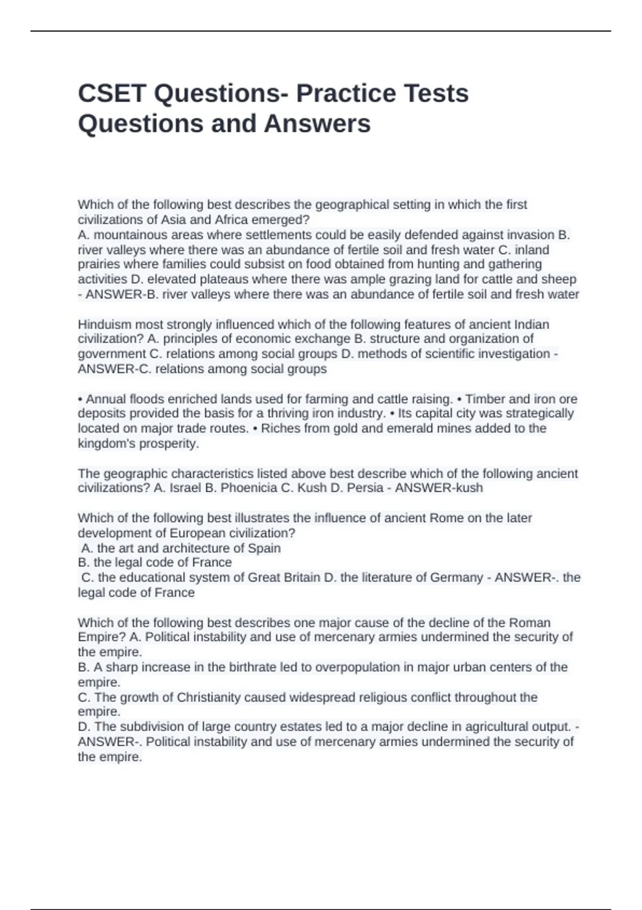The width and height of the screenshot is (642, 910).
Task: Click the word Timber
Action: (x=485, y=399)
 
